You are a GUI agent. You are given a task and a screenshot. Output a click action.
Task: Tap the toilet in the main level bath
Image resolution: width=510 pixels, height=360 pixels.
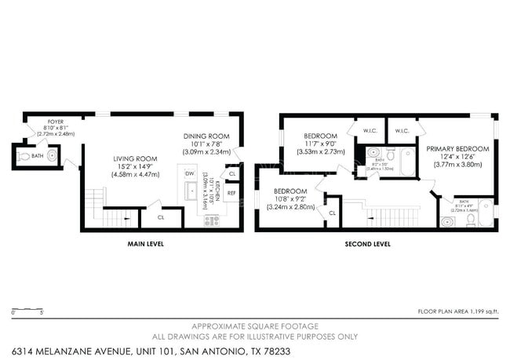point(25,157)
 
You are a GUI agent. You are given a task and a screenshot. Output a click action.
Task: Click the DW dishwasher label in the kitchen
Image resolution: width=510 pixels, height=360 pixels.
point(189,173)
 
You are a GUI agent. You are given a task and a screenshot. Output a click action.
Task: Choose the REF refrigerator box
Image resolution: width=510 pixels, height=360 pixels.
point(231,192)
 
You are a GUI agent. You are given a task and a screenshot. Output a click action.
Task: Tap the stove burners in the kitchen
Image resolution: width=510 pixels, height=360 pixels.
point(211,221)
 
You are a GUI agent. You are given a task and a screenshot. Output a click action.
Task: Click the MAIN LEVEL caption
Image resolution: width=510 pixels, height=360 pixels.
point(145,244)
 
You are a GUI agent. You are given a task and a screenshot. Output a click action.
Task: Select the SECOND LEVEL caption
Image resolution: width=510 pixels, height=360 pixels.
point(367,244)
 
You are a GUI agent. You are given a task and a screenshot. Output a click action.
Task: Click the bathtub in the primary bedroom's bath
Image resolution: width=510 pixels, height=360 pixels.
point(486,213)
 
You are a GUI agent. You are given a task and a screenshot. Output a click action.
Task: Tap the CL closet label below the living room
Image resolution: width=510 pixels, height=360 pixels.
point(160,217)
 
